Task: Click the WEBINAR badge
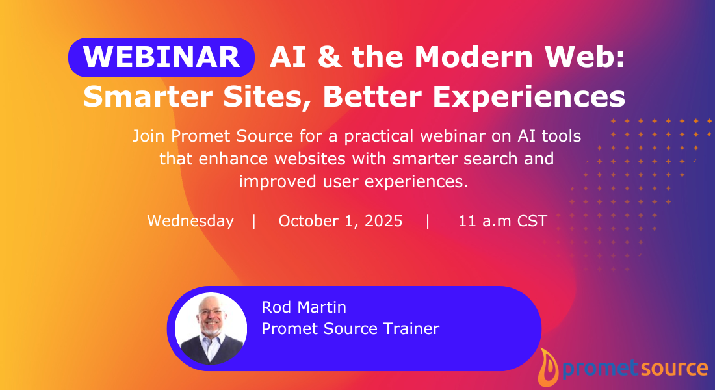161,57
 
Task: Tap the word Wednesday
190,221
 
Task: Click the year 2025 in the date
383,221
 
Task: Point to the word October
307,221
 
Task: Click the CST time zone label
532,221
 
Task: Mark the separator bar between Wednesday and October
254,221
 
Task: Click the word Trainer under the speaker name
410,329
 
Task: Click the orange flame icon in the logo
549,368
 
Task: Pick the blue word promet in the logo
591,369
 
